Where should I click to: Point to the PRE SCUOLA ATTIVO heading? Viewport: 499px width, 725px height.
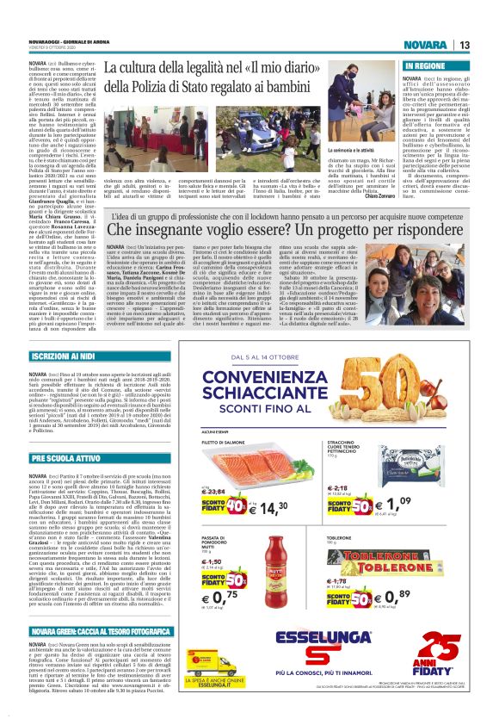(x=60, y=458)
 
